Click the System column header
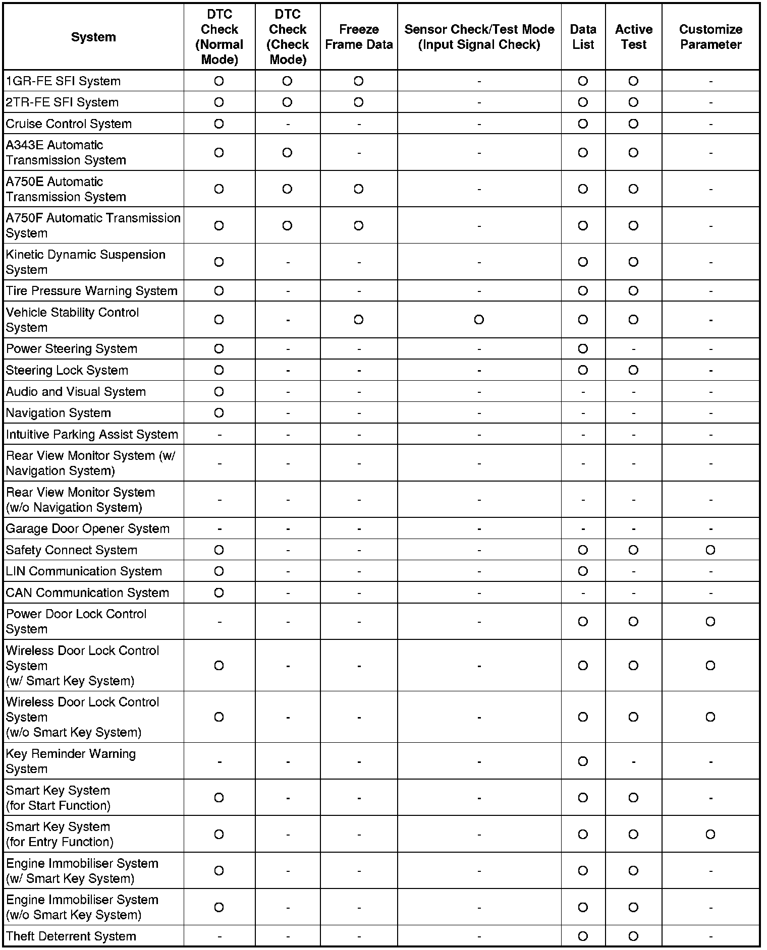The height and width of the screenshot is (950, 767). pos(93,37)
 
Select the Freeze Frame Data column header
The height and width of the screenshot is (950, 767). pos(358,37)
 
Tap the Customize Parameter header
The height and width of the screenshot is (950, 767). pos(710,37)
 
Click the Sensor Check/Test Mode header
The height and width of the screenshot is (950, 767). pos(479,37)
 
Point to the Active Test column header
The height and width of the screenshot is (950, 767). pos(633,37)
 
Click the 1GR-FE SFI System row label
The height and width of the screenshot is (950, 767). pos(63,81)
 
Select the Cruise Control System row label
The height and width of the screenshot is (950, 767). pos(69,124)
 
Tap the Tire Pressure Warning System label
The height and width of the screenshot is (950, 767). pos(91,291)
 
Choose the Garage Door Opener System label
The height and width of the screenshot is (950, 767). pos(87,529)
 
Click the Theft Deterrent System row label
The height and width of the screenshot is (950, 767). pos(71,936)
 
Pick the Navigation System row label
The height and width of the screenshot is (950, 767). pos(58,413)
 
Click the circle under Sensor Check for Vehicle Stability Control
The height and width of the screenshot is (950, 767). pos(479,320)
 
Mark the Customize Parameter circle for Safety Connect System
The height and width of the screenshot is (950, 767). pos(710,550)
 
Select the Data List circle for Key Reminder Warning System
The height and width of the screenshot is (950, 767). pos(583,761)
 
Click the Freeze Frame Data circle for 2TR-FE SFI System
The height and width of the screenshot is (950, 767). pos(358,102)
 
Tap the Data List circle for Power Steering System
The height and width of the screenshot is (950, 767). pos(583,349)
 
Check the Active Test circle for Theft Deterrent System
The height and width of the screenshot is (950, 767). pos(633,936)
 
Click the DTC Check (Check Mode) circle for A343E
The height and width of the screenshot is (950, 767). pos(287,152)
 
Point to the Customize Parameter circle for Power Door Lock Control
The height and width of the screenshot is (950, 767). pos(710,622)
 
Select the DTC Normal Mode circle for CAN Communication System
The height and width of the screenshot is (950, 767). pos(219,593)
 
